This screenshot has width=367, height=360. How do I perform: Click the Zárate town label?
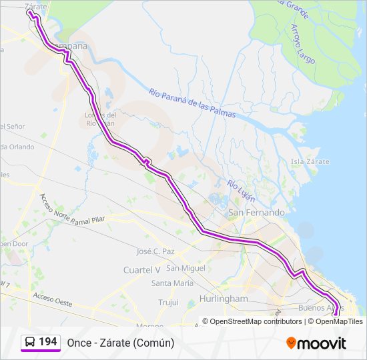tap(36, 6)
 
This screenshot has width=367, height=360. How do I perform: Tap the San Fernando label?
tap(256, 213)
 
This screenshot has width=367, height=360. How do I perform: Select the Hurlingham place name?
tap(223, 299)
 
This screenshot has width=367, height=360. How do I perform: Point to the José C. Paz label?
tap(155, 251)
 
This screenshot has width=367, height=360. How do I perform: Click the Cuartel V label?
tap(142, 269)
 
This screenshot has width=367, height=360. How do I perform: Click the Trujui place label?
tap(168, 302)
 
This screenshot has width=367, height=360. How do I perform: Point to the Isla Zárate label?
tap(310, 161)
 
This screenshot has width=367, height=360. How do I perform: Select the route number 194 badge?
tap(47, 342)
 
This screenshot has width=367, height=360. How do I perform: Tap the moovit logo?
tap(316, 343)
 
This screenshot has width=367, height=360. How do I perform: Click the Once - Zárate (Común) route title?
tap(120, 343)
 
